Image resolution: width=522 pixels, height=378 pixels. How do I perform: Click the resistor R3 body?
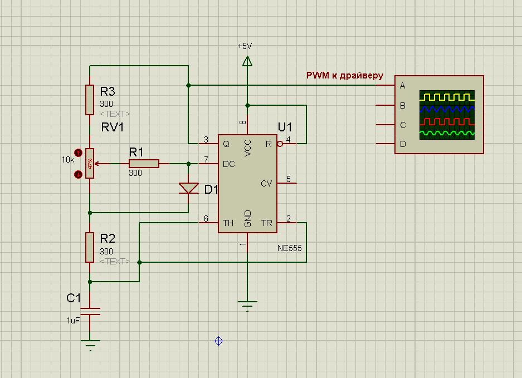click(89, 100)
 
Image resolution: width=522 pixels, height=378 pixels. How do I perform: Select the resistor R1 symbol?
click(144, 164)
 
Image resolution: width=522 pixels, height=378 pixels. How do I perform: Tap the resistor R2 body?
click(89, 247)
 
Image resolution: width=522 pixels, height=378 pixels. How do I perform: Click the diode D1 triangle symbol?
click(188, 188)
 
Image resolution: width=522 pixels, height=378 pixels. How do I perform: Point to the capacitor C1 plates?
click(89, 311)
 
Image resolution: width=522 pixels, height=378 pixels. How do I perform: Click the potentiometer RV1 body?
click(89, 164)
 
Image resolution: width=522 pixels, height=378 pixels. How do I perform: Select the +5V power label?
click(245, 46)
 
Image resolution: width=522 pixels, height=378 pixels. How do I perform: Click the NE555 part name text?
click(289, 248)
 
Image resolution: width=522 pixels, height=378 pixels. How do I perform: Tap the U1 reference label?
click(284, 127)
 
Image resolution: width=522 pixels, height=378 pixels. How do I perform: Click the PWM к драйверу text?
click(344, 75)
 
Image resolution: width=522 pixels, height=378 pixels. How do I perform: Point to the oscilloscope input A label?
click(402, 86)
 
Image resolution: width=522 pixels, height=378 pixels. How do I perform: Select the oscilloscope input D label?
click(402, 144)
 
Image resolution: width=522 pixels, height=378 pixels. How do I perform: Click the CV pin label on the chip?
click(266, 183)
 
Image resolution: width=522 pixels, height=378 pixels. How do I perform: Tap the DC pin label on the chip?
click(228, 164)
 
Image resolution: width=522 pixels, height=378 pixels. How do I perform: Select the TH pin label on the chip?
click(228, 223)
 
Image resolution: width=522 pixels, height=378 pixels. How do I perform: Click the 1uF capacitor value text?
click(73, 321)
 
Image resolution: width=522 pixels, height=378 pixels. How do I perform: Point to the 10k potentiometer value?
click(68, 159)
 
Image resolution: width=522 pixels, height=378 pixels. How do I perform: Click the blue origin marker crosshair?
click(218, 341)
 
